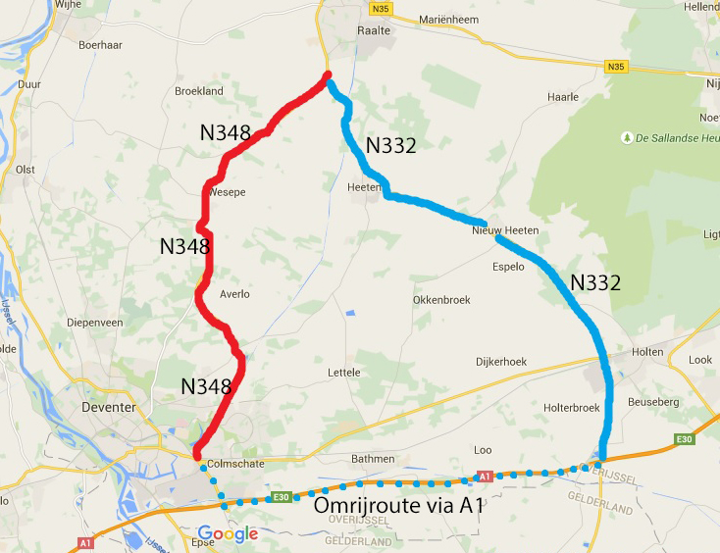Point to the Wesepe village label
[x=227, y=192]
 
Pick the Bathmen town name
[x=373, y=458]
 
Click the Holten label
[x=648, y=352]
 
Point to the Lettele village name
[x=344, y=373]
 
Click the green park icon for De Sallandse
[x=625, y=138]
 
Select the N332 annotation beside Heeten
[x=391, y=146]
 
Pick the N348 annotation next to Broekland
[x=226, y=132]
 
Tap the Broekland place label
[x=199, y=91]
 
